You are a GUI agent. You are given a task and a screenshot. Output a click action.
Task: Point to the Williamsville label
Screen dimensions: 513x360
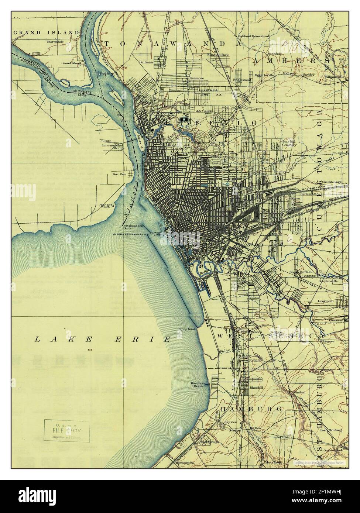[335, 77]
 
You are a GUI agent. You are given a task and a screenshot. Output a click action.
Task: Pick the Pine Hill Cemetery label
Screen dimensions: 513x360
[289, 143]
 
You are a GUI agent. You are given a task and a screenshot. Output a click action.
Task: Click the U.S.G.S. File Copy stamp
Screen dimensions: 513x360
[68, 430]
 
